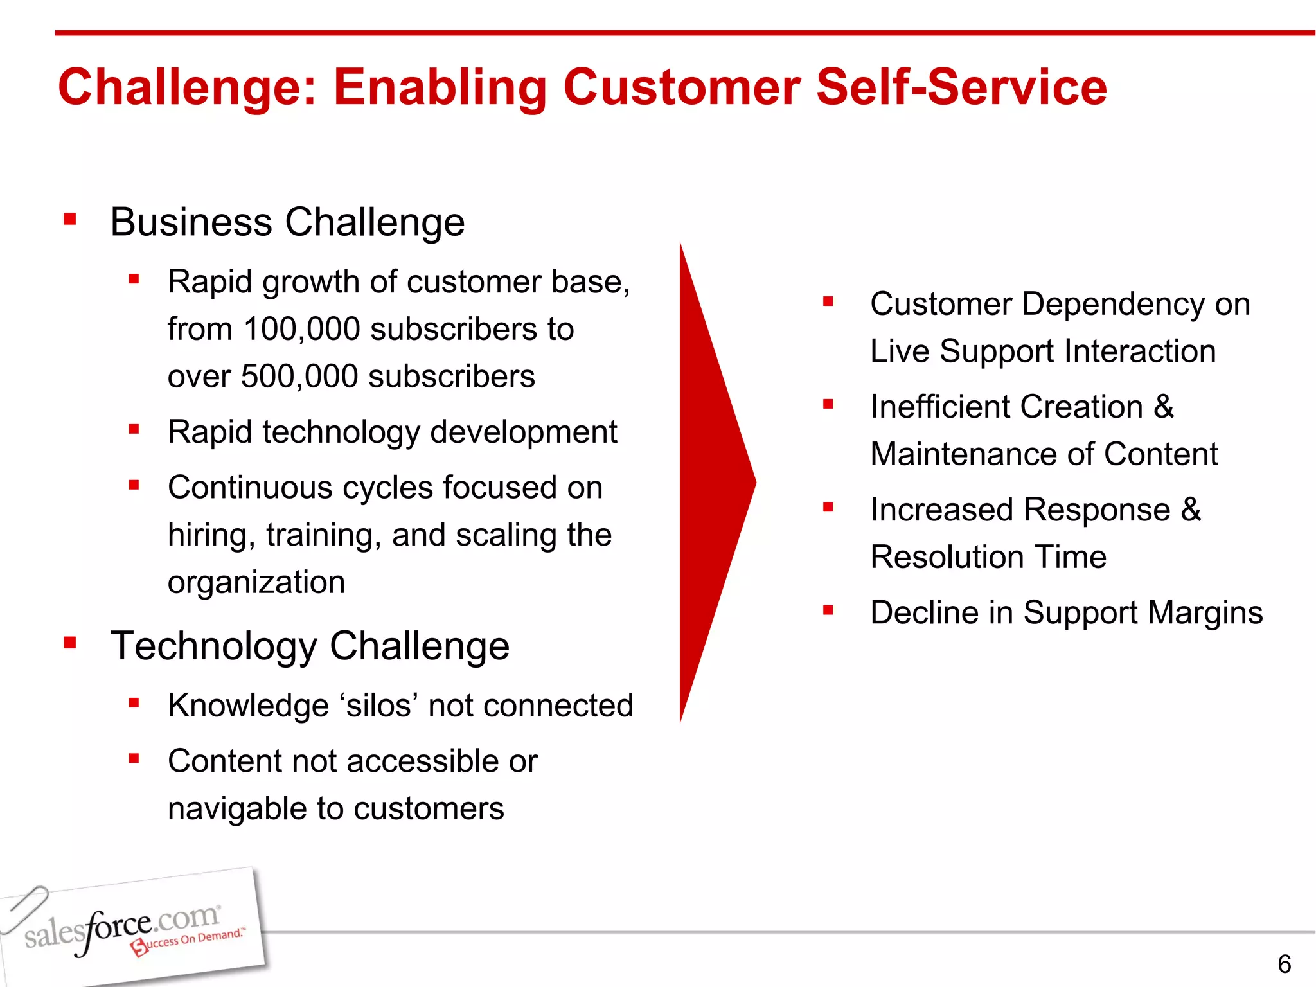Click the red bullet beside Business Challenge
click(x=70, y=220)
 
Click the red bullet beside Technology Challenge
click(x=70, y=643)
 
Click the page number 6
click(x=1284, y=964)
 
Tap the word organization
click(x=256, y=582)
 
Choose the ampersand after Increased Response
click(x=1191, y=510)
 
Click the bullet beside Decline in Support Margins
click(x=828, y=610)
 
